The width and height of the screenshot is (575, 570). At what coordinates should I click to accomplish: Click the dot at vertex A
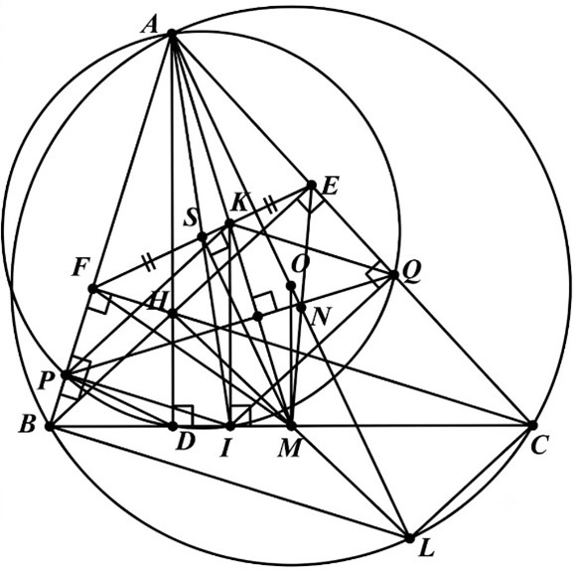click(172, 34)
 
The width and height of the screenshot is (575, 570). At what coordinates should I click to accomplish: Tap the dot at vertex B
click(49, 426)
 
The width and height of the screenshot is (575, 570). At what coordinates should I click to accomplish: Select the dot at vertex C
click(532, 425)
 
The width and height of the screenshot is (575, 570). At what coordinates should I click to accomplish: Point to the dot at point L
click(409, 538)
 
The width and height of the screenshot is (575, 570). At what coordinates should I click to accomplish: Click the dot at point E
click(311, 185)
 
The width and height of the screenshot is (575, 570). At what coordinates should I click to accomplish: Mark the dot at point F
click(92, 289)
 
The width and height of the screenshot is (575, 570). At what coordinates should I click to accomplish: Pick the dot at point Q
click(393, 274)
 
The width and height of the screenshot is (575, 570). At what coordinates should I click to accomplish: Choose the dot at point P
click(66, 375)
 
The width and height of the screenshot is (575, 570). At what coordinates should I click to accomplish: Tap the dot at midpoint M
click(291, 426)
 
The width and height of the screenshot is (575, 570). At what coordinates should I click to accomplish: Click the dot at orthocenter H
click(172, 314)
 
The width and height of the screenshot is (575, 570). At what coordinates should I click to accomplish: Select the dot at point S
click(203, 237)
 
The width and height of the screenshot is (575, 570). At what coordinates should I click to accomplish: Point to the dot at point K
click(229, 223)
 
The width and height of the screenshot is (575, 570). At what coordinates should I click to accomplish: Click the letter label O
click(300, 264)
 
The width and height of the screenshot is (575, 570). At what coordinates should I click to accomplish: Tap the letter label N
click(321, 317)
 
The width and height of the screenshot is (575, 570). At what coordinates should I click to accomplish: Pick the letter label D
click(185, 442)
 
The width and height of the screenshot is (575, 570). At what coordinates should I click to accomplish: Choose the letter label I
click(225, 449)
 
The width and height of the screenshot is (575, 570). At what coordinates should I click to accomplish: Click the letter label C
click(539, 446)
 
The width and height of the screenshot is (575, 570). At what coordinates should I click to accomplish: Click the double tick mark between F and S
click(149, 264)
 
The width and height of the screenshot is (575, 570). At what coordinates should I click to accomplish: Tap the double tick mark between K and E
click(271, 205)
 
